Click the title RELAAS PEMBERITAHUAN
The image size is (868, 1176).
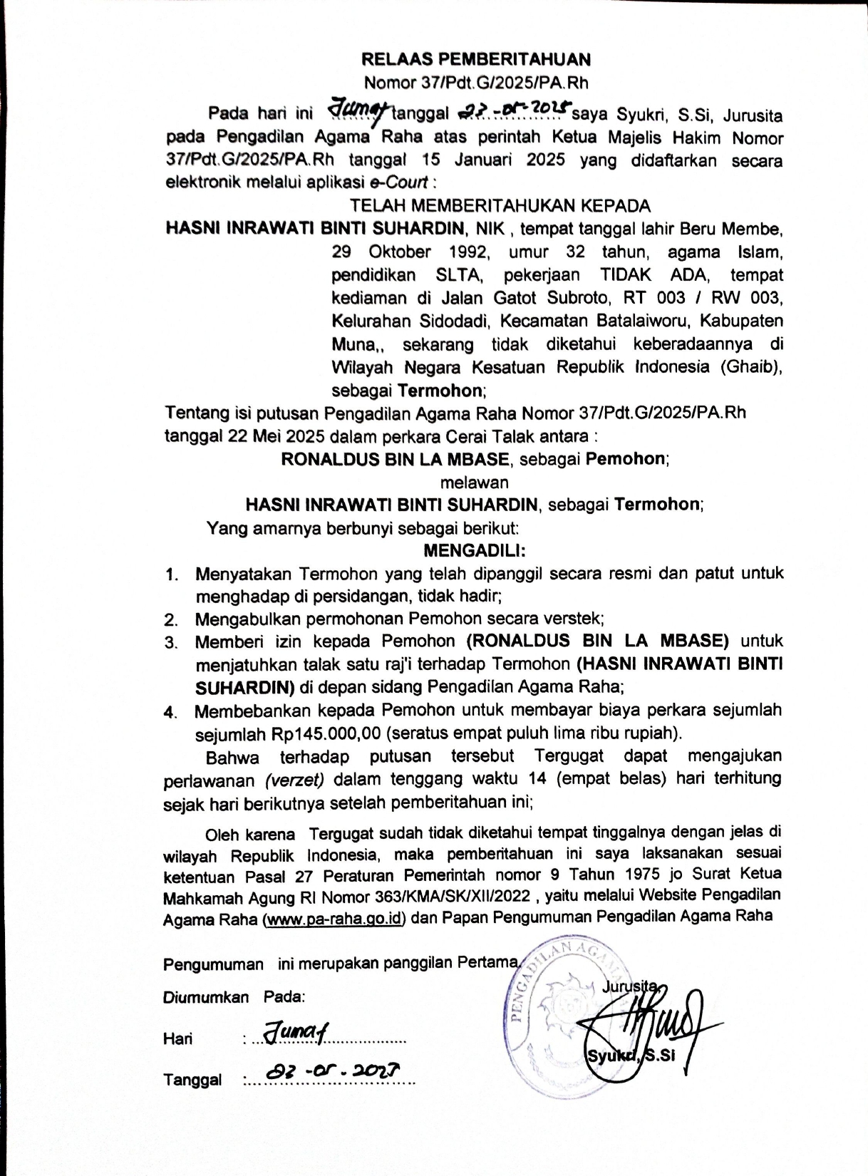pos(475,59)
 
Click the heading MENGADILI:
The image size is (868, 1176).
pos(475,550)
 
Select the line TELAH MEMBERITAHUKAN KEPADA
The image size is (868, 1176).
pos(500,206)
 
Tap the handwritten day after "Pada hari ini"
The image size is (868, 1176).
pos(356,112)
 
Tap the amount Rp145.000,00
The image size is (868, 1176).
pos(329,733)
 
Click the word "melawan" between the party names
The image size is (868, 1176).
pos(475,482)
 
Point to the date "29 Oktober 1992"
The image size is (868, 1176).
pos(410,252)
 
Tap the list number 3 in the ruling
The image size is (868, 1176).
pos(170,642)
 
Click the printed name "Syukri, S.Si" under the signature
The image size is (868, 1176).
pos(630,1056)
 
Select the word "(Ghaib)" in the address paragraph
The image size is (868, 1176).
pos(751,367)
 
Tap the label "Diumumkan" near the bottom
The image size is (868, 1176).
pos(206,997)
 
